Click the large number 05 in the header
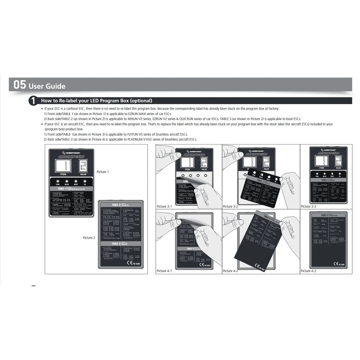[20, 85]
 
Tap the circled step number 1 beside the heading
[33, 101]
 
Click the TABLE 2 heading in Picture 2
[116, 205]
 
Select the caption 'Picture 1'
[103, 172]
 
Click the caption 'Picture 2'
[89, 238]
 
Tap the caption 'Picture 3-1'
[164, 207]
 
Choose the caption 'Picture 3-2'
[230, 207]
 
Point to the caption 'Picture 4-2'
[230, 271]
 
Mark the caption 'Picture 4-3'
[308, 271]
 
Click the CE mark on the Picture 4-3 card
[336, 264]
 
